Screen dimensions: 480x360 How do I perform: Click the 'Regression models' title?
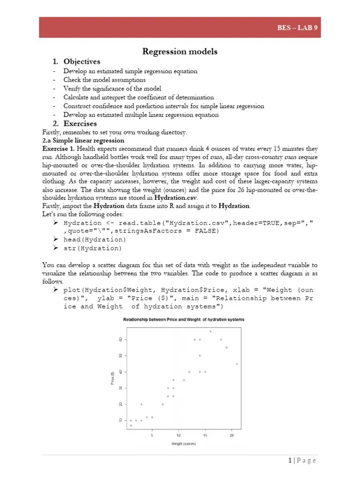[x=180, y=52]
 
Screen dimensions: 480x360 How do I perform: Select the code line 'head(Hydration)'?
[x=95, y=240]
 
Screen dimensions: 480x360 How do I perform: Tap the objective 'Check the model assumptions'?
[x=105, y=80]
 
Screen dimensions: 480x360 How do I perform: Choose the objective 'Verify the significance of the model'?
[x=112, y=89]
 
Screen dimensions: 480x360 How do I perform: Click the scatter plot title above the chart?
[x=183, y=320]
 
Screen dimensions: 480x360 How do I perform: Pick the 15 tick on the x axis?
[x=205, y=435]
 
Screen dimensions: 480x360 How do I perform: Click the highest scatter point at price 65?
[x=210, y=331]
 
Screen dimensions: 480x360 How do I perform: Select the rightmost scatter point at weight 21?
[x=237, y=364]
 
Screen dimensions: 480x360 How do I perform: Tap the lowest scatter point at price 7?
[x=131, y=425]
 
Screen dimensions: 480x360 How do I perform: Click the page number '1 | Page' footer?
[x=302, y=460]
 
